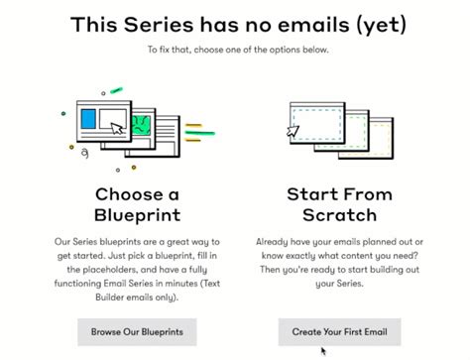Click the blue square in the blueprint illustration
point(88,120)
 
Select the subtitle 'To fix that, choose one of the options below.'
point(234,49)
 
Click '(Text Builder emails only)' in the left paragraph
point(137,295)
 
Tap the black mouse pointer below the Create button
point(322,350)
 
